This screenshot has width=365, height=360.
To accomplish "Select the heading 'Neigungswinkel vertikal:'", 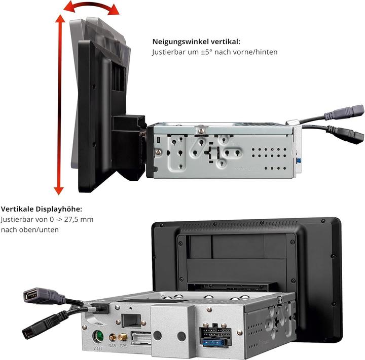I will point(196,42).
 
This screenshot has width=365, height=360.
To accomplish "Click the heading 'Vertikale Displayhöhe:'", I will point(41,209).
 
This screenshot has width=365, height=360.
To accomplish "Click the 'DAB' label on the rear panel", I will point(112,346).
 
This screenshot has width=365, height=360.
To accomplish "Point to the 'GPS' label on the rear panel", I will point(123,346).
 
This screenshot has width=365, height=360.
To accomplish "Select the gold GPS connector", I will point(123,337).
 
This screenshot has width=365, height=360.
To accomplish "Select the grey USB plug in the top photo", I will point(351,111).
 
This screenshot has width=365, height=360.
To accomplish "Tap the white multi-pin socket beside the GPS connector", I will point(141,337).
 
